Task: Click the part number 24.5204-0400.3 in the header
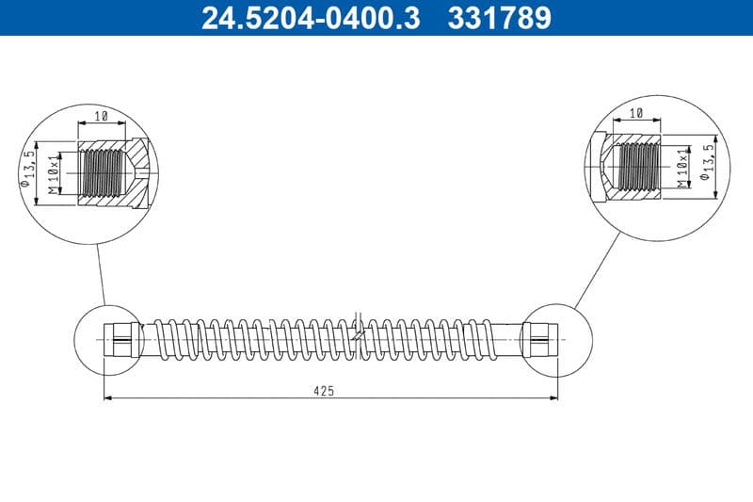(311, 18)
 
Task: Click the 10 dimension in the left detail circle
(102, 116)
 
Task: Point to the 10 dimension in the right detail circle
(635, 113)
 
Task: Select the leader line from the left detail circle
(100, 275)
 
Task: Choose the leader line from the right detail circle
(598, 269)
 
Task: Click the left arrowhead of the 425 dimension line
(107, 397)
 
